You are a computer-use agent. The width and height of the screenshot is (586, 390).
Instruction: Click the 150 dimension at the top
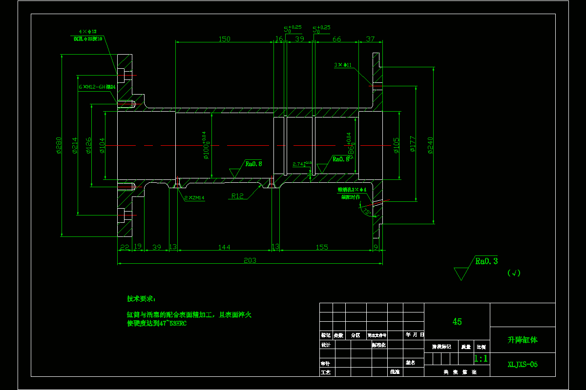[224, 39]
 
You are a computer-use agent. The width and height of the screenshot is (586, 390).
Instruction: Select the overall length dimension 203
[250, 260]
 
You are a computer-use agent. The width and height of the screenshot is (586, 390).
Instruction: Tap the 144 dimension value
[224, 248]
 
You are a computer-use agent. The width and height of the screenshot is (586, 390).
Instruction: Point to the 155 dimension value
[322, 248]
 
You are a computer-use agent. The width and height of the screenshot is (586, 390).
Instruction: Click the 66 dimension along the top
[336, 39]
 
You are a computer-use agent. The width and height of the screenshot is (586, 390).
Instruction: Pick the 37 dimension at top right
[370, 39]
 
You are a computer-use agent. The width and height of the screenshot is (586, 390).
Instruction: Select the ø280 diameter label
[59, 146]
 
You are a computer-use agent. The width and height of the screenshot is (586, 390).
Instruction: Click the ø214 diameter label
[75, 146]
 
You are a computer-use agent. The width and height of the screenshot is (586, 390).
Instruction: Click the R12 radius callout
[237, 196]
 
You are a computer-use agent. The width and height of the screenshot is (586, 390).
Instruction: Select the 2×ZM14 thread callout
[194, 198]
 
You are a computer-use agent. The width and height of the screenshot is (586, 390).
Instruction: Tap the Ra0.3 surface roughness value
[486, 261]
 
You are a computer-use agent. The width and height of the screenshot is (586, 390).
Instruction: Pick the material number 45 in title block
[457, 322]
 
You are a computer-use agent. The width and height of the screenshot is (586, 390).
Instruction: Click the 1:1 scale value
[481, 359]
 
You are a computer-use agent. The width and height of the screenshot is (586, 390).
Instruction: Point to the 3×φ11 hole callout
[343, 64]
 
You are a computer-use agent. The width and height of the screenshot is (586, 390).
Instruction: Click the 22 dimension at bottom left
[125, 248]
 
